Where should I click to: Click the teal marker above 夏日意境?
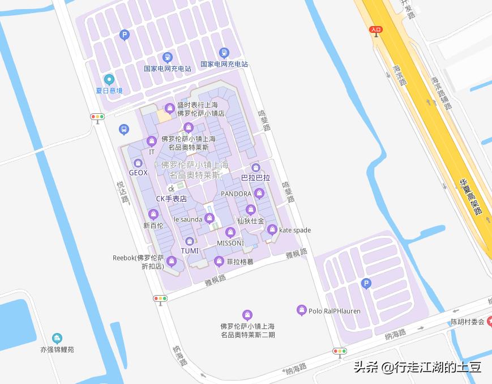(x=109, y=80)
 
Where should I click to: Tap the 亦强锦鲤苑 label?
(x=57, y=349)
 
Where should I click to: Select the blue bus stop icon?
(x=123, y=130)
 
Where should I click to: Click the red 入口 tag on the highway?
(x=376, y=29)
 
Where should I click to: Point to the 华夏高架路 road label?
(x=470, y=197)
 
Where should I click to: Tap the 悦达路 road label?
(x=122, y=192)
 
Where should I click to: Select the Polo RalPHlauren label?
(x=334, y=311)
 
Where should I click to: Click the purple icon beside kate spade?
(x=272, y=230)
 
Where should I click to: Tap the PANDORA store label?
(x=236, y=194)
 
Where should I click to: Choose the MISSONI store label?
(x=230, y=243)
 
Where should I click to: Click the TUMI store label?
(x=190, y=251)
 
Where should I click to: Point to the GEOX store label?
(x=138, y=173)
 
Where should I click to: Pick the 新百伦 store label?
(x=153, y=225)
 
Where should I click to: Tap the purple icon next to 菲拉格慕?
(x=219, y=261)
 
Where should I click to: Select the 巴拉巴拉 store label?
(x=255, y=177)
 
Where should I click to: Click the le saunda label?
(x=187, y=219)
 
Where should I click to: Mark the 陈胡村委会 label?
(x=467, y=322)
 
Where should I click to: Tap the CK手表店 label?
(x=171, y=199)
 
